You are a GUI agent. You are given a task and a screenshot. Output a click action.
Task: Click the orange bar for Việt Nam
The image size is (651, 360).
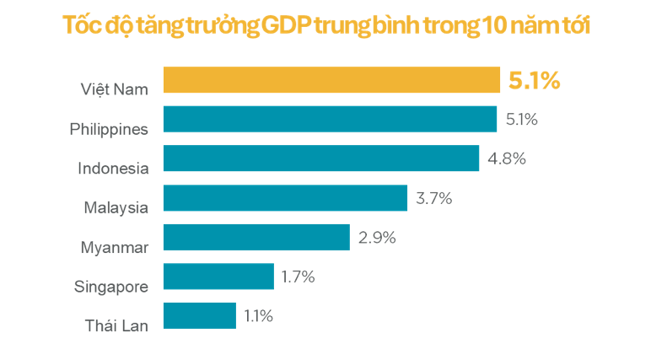tap(332, 80)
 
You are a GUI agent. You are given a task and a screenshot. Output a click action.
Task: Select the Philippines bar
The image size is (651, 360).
tap(330, 119)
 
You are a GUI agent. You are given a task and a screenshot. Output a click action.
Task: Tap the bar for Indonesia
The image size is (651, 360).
tap(321, 159)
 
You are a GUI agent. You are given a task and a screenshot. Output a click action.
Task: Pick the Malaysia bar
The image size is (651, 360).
tap(285, 198)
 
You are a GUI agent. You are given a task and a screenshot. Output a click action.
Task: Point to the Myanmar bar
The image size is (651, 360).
tap(256, 237)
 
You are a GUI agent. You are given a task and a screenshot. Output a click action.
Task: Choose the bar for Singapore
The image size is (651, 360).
tap(218, 276)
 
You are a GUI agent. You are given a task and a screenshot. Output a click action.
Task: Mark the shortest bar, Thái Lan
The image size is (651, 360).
tap(200, 315)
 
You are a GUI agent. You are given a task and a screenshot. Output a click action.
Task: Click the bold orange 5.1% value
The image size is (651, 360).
tap(535, 81)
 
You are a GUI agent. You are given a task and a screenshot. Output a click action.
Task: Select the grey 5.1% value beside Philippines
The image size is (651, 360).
tap(521, 120)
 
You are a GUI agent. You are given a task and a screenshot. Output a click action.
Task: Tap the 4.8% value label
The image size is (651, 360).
tap(507, 159)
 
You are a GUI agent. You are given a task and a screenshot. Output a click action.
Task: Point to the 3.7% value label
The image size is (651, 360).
tap(434, 198)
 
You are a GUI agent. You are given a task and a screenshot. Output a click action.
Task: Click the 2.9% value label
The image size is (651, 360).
tap(377, 237)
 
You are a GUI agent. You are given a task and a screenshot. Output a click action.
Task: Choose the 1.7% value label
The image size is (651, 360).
tap(299, 276)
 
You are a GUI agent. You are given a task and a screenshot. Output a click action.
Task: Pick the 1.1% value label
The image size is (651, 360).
tap(259, 315)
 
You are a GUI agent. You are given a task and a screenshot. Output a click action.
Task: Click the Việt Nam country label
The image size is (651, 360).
tap(115, 89)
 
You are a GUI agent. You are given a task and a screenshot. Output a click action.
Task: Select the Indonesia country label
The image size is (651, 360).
tap(113, 168)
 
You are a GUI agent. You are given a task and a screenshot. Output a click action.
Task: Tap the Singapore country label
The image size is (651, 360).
tap(111, 286)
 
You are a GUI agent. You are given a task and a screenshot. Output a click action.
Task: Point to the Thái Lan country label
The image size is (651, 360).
tap(116, 325)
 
